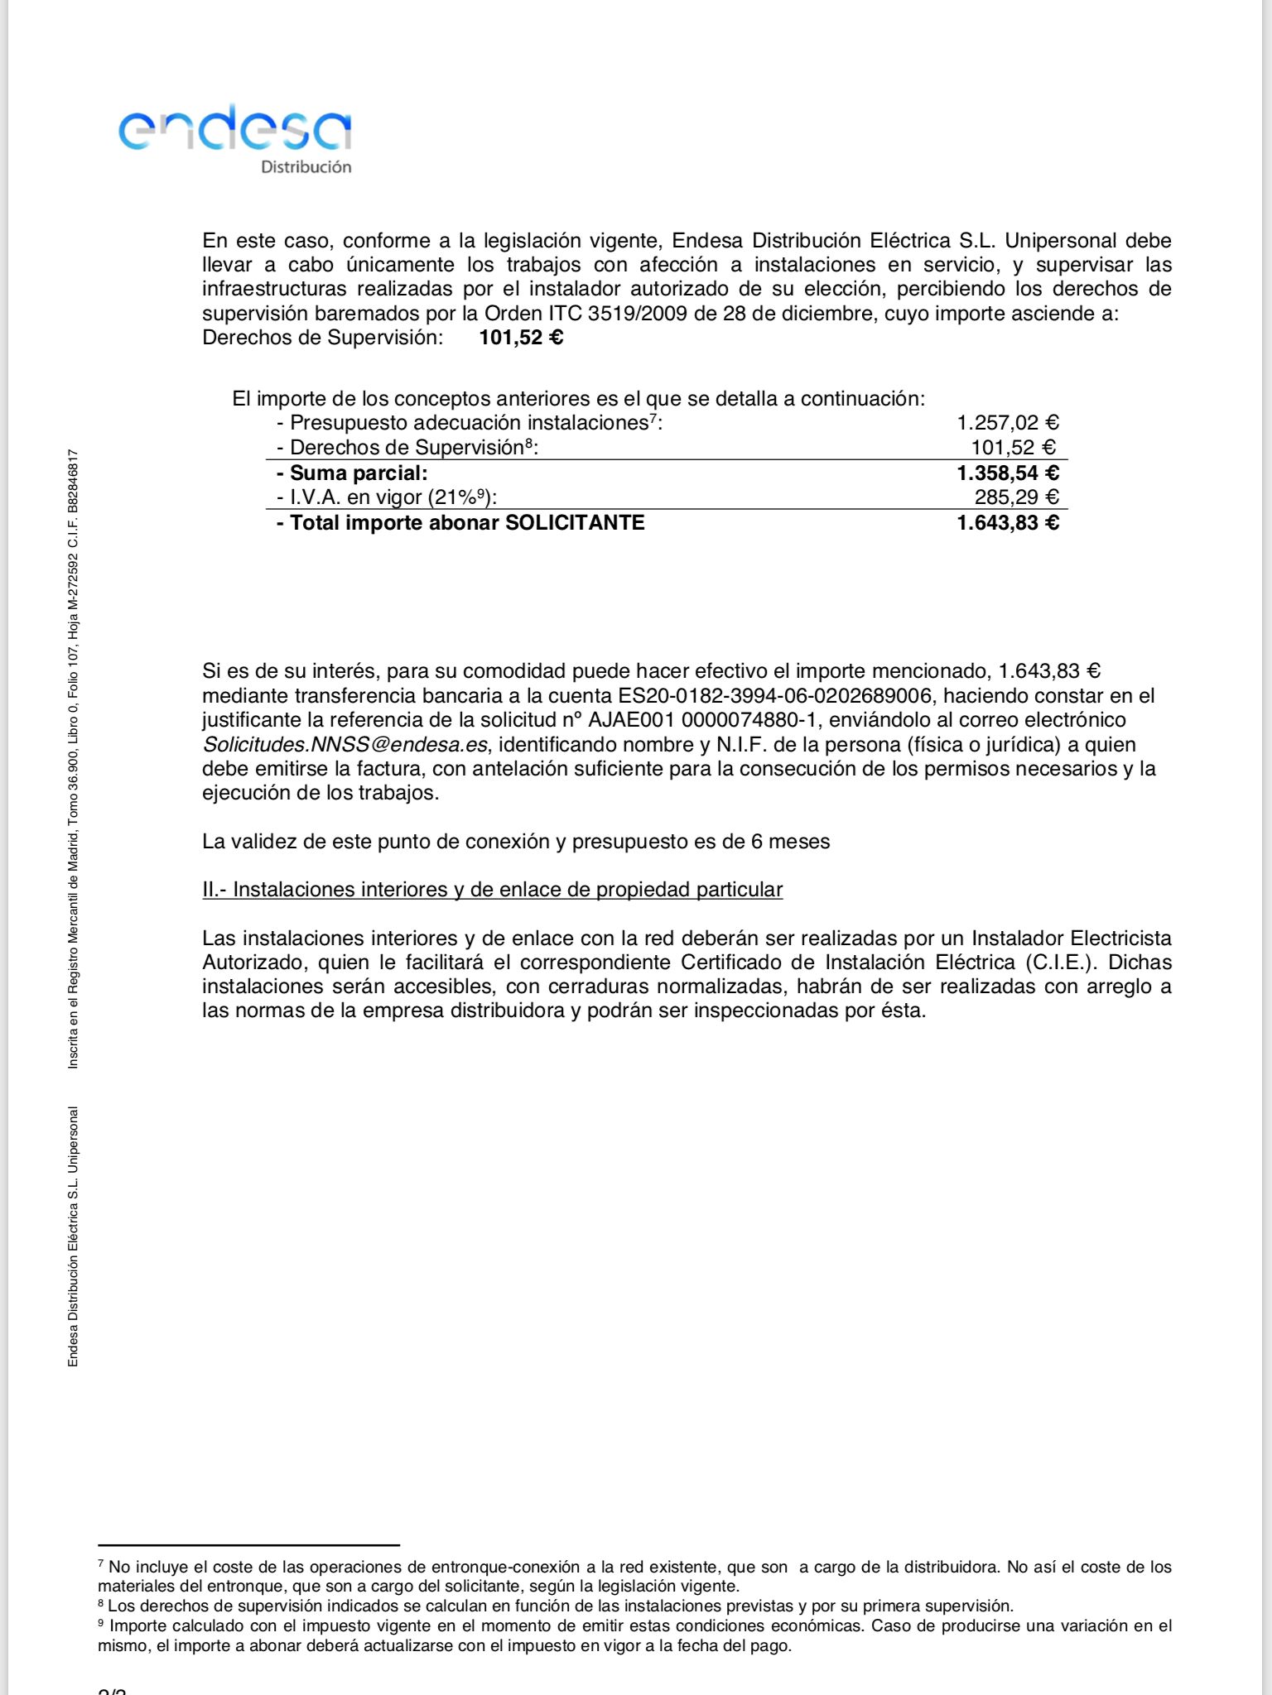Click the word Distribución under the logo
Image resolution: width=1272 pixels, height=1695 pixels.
306,167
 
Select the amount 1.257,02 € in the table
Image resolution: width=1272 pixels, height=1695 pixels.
1008,423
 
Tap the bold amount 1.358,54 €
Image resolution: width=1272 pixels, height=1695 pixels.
1008,473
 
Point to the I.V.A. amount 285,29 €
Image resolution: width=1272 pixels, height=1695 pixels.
1016,497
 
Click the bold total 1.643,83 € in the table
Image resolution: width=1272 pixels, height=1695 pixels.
1008,523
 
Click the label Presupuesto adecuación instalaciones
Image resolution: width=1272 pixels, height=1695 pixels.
468,423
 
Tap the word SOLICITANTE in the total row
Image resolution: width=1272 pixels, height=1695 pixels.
575,523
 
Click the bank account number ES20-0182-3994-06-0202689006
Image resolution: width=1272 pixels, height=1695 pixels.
774,696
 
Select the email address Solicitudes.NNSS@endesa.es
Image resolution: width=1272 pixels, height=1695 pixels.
345,745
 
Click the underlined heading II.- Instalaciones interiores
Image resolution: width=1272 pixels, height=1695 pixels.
492,890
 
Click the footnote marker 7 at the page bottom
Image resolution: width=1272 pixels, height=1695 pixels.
101,1564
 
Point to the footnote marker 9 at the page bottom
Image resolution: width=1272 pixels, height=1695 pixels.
101,1624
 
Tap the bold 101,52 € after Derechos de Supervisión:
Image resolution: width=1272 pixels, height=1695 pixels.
521,338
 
